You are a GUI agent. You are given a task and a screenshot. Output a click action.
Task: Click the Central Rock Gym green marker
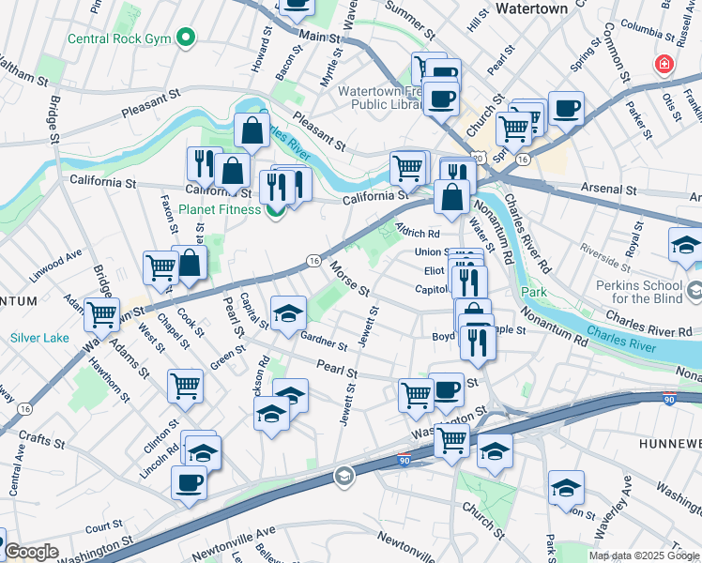[x=186, y=38]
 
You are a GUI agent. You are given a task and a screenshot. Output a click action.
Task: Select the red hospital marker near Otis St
[x=664, y=65]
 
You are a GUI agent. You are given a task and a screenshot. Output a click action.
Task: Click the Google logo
[x=31, y=552]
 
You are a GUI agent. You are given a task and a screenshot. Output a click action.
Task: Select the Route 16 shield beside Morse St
[x=313, y=261]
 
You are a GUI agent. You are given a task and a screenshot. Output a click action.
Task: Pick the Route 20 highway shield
[x=479, y=158]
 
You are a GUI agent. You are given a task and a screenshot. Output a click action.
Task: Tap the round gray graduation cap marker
[x=344, y=477]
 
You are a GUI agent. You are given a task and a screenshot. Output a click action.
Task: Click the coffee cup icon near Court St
[x=189, y=482]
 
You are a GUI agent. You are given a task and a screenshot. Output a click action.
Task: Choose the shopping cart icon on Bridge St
[x=101, y=315]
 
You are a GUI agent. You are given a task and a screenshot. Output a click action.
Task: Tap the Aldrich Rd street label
[x=418, y=232]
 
